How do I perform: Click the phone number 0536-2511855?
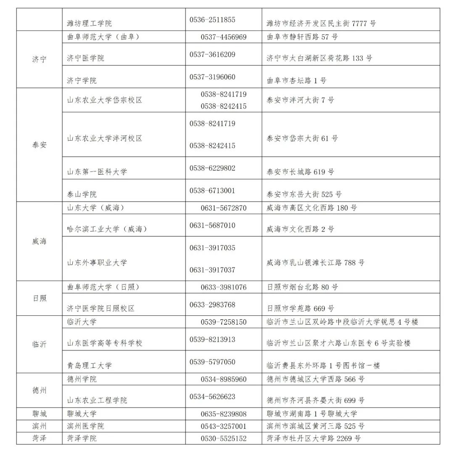pos(212,20)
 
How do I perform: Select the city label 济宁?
pos(39,59)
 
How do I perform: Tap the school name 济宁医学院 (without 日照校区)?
pos(85,58)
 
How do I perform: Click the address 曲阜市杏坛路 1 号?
pos(296,80)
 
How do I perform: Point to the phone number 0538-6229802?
pos(212,168)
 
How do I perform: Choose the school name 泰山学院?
pos(82,194)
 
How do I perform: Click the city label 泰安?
pos(39,145)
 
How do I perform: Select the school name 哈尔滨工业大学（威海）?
pos(107,229)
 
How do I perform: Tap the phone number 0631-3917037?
pos(212,270)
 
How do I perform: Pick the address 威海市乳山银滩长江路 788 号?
pos(315,263)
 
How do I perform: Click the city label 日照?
pos(39,298)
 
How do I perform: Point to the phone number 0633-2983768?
pos(212,305)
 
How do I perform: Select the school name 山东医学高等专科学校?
pos(105,343)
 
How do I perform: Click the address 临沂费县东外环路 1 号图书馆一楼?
pos(323,365)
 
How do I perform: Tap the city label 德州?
pos(39,390)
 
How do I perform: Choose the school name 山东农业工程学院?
pos(97,400)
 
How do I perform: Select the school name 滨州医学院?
pos(85,426)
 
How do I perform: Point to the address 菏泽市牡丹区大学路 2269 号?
pos(314,438)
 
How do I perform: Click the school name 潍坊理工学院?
pos(89,24)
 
